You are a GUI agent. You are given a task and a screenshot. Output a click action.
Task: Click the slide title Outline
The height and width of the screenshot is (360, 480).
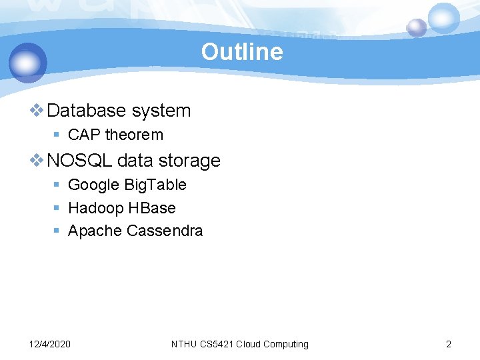pos(242,52)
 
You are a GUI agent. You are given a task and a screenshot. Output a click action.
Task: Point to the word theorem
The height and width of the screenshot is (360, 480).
pos(134,135)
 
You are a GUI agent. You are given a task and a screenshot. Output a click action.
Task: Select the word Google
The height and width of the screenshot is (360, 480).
pos(94,185)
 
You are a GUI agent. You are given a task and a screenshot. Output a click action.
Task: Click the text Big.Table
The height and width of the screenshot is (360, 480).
pos(156,185)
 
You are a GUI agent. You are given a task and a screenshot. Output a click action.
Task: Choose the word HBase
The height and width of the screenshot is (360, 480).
pos(152,208)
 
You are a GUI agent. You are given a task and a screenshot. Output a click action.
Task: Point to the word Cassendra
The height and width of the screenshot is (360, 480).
pos(165,231)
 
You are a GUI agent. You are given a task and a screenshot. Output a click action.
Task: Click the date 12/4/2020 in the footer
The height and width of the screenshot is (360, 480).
pos(50,344)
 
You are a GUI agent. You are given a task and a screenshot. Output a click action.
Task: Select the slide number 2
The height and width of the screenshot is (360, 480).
pos(448,344)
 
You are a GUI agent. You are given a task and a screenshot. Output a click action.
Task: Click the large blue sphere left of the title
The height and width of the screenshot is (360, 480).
pos(28,63)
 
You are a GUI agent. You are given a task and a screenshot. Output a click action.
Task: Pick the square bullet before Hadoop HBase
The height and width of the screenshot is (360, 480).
pos(57,208)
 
